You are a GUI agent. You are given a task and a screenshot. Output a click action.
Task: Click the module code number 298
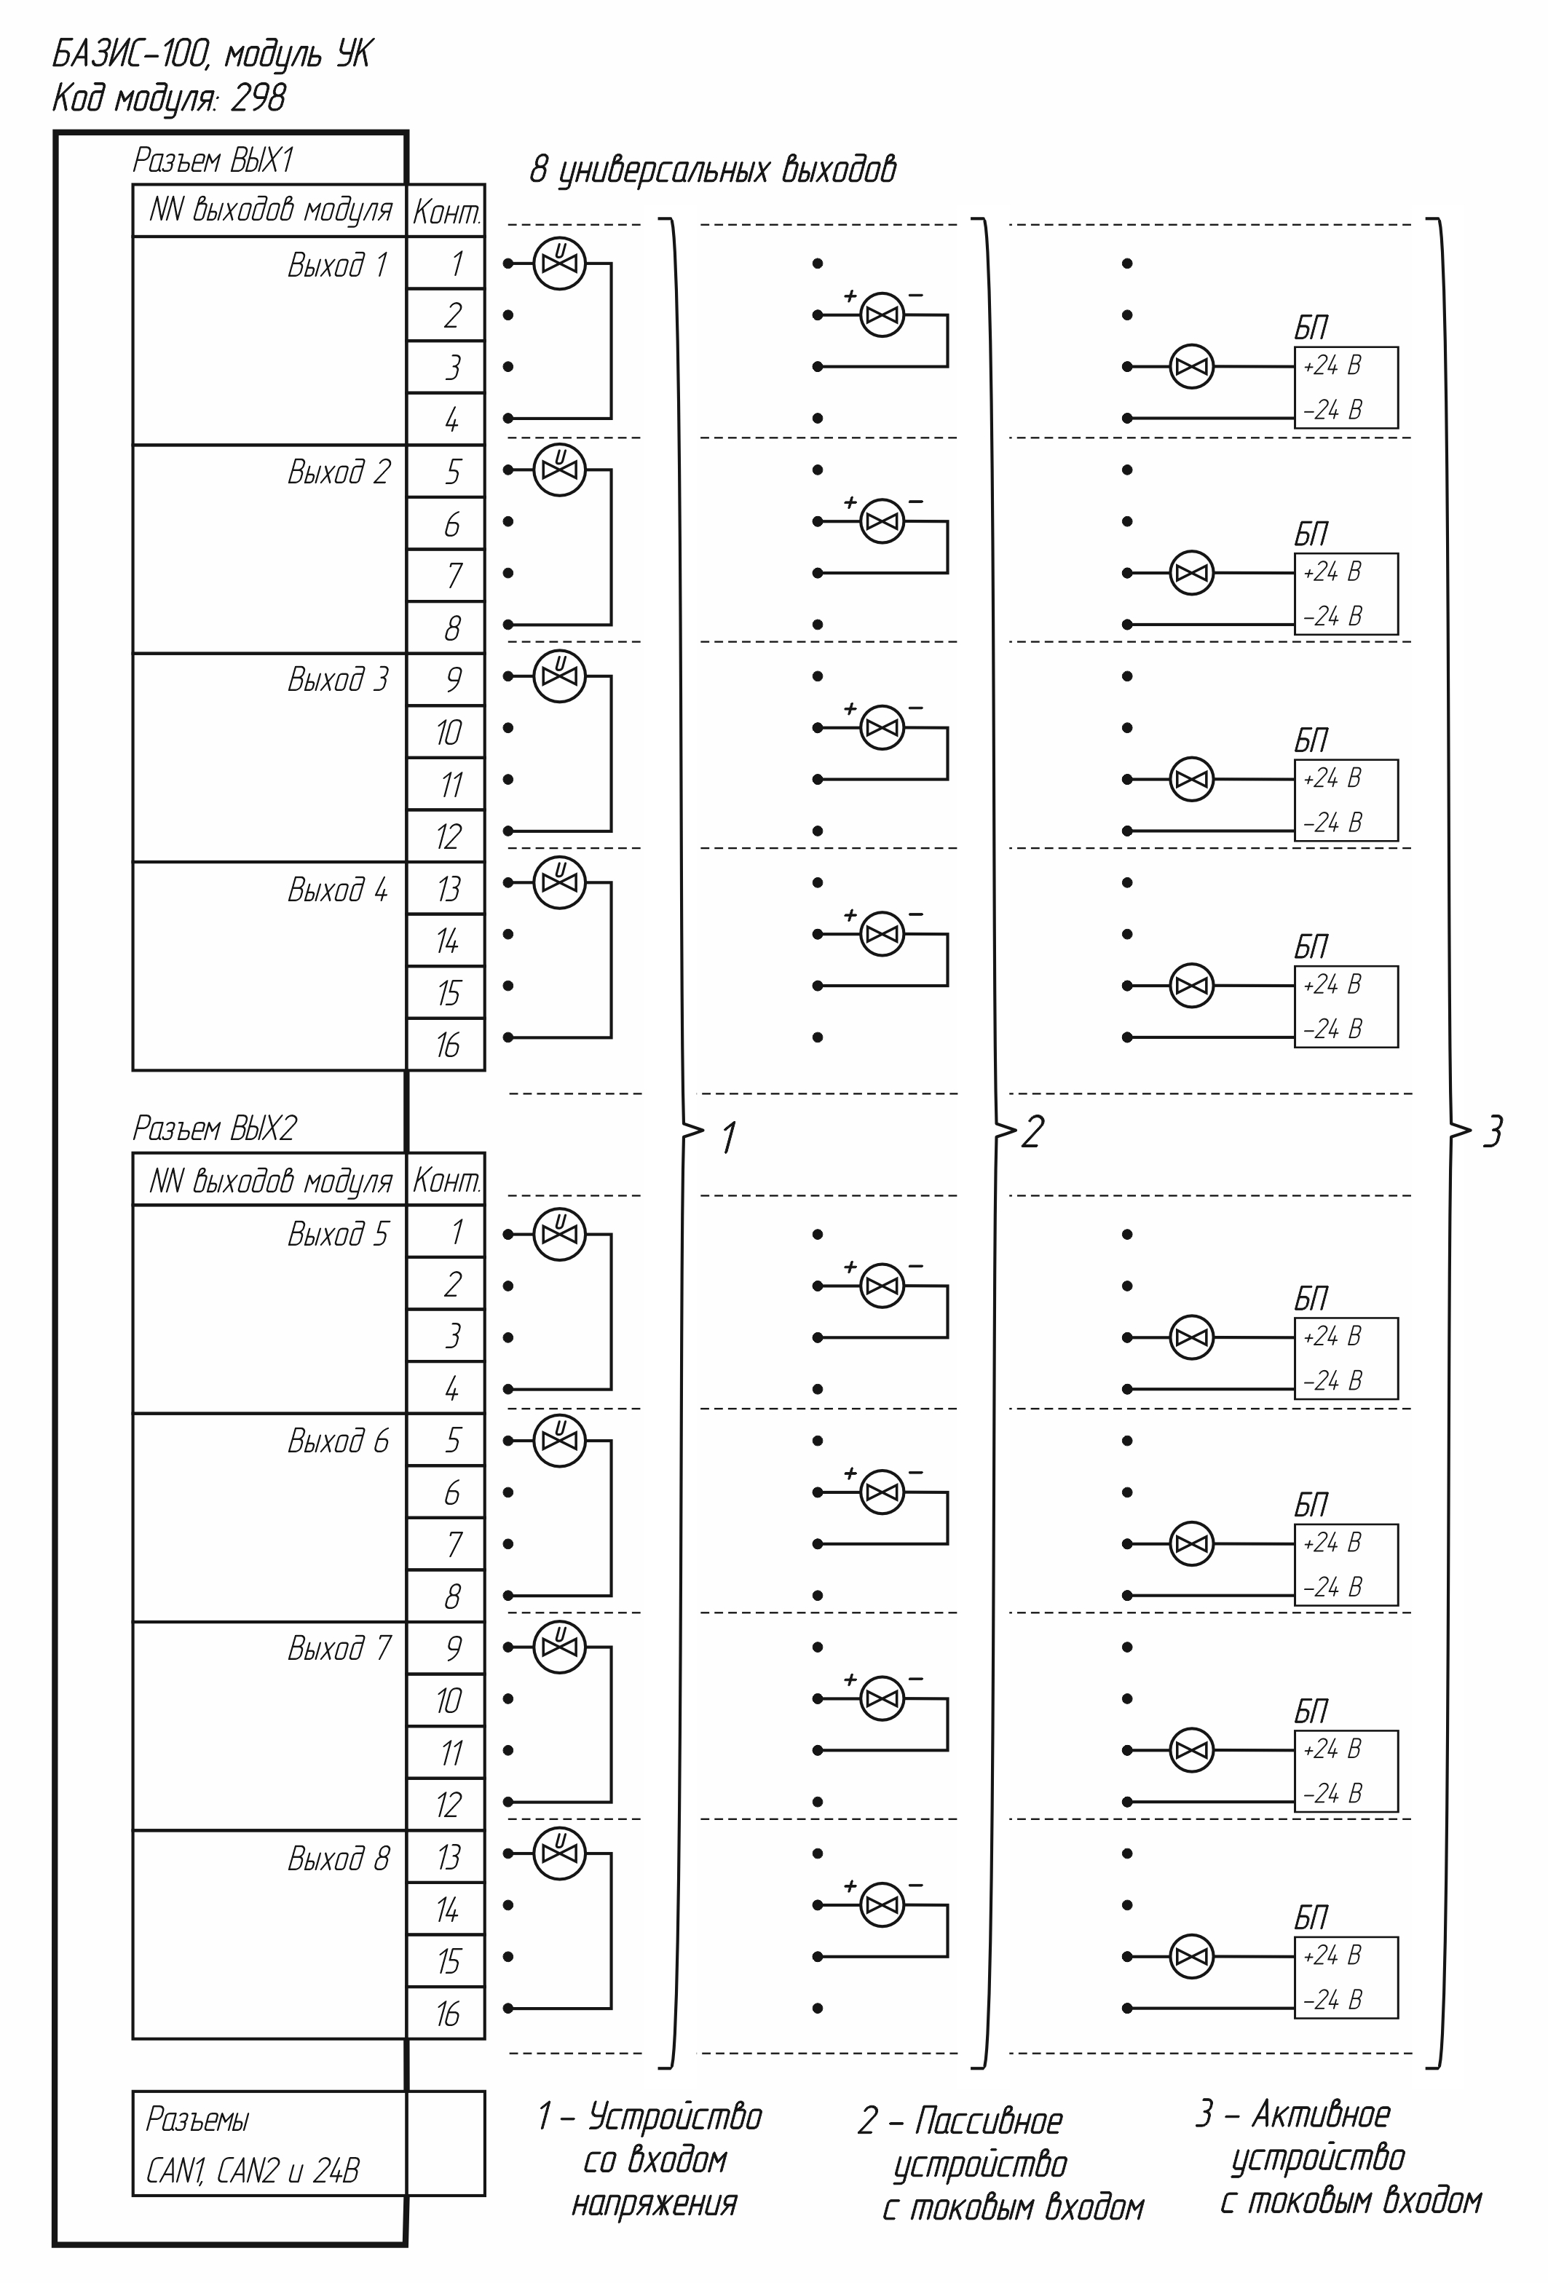point(258,98)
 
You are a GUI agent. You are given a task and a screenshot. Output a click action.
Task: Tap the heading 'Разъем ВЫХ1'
point(214,160)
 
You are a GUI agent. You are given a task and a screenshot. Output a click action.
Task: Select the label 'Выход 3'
point(338,678)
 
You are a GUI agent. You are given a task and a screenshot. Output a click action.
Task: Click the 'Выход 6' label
point(338,1441)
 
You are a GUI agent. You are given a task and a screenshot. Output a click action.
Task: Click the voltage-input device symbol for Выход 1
point(560,264)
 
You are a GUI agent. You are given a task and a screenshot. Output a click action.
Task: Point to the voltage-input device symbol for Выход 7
point(560,1647)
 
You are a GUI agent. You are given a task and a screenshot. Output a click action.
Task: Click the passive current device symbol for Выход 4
point(882,934)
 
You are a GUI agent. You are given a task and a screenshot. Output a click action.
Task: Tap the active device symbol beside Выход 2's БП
point(1191,573)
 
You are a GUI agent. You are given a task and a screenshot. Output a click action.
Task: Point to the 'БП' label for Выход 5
point(1311,1299)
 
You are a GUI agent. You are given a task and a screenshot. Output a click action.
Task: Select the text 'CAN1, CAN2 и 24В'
point(253,2170)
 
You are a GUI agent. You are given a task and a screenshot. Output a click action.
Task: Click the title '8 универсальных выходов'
point(713,170)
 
